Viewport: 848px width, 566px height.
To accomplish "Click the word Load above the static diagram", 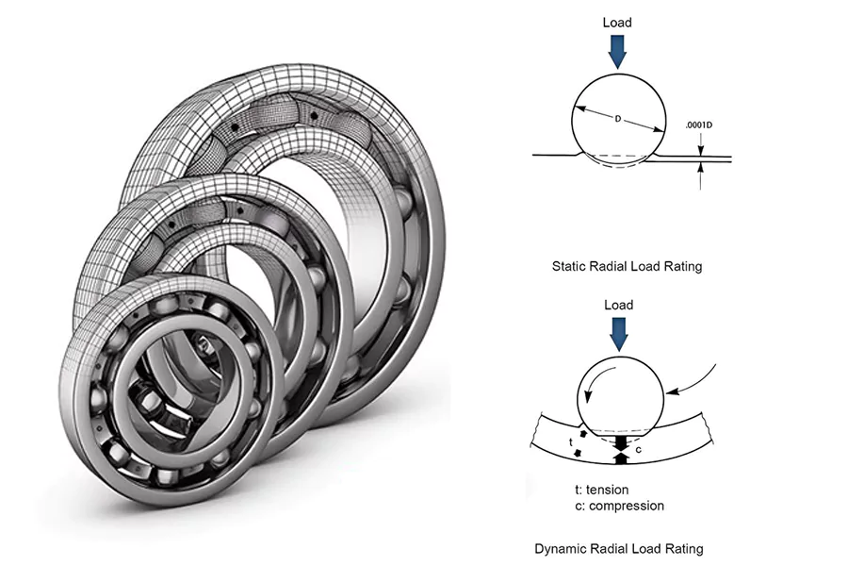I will tap(617, 23).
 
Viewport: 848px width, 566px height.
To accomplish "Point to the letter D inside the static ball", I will tap(618, 120).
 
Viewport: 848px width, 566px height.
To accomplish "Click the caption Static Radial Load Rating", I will tap(627, 267).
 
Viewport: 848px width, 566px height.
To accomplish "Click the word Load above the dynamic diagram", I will tap(617, 306).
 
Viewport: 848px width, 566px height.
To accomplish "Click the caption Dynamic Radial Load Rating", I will tap(618, 548).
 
